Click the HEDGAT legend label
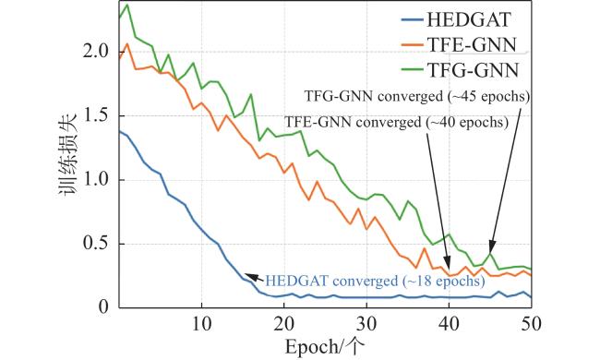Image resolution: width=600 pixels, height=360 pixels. pos(469,20)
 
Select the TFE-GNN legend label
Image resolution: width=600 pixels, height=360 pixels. pos(472,45)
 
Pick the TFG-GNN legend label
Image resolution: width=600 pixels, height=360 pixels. pos(473,70)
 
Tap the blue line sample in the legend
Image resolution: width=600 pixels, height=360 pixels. pos(413,20)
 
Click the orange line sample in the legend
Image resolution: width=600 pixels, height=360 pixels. pos(413,44)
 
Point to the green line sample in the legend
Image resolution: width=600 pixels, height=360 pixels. pos(413,70)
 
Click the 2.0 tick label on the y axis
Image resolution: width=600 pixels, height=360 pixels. pos(96,52)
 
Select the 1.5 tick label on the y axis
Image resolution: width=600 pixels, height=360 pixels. pos(96,116)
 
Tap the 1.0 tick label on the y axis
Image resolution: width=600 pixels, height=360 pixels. pos(96,180)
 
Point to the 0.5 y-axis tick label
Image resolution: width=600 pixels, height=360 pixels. pos(96,244)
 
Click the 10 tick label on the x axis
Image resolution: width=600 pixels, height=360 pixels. pos(201,324)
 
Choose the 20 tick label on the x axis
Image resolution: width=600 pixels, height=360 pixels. pos(284,324)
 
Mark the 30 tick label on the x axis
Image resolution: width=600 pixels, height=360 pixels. pos(366,324)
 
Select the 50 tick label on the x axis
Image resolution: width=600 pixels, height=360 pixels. pos(531,324)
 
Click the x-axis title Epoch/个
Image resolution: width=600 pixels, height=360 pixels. pos(325,347)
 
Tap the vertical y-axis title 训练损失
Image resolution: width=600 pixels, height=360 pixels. pos(68,155)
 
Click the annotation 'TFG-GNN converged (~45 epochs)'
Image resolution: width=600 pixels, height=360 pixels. pos(417,96)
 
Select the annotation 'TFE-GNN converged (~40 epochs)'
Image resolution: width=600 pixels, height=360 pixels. pos(396,122)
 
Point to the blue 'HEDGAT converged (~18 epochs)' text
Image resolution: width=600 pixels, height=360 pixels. pos(375,282)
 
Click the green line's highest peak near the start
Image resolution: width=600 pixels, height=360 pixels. pos(127,5)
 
